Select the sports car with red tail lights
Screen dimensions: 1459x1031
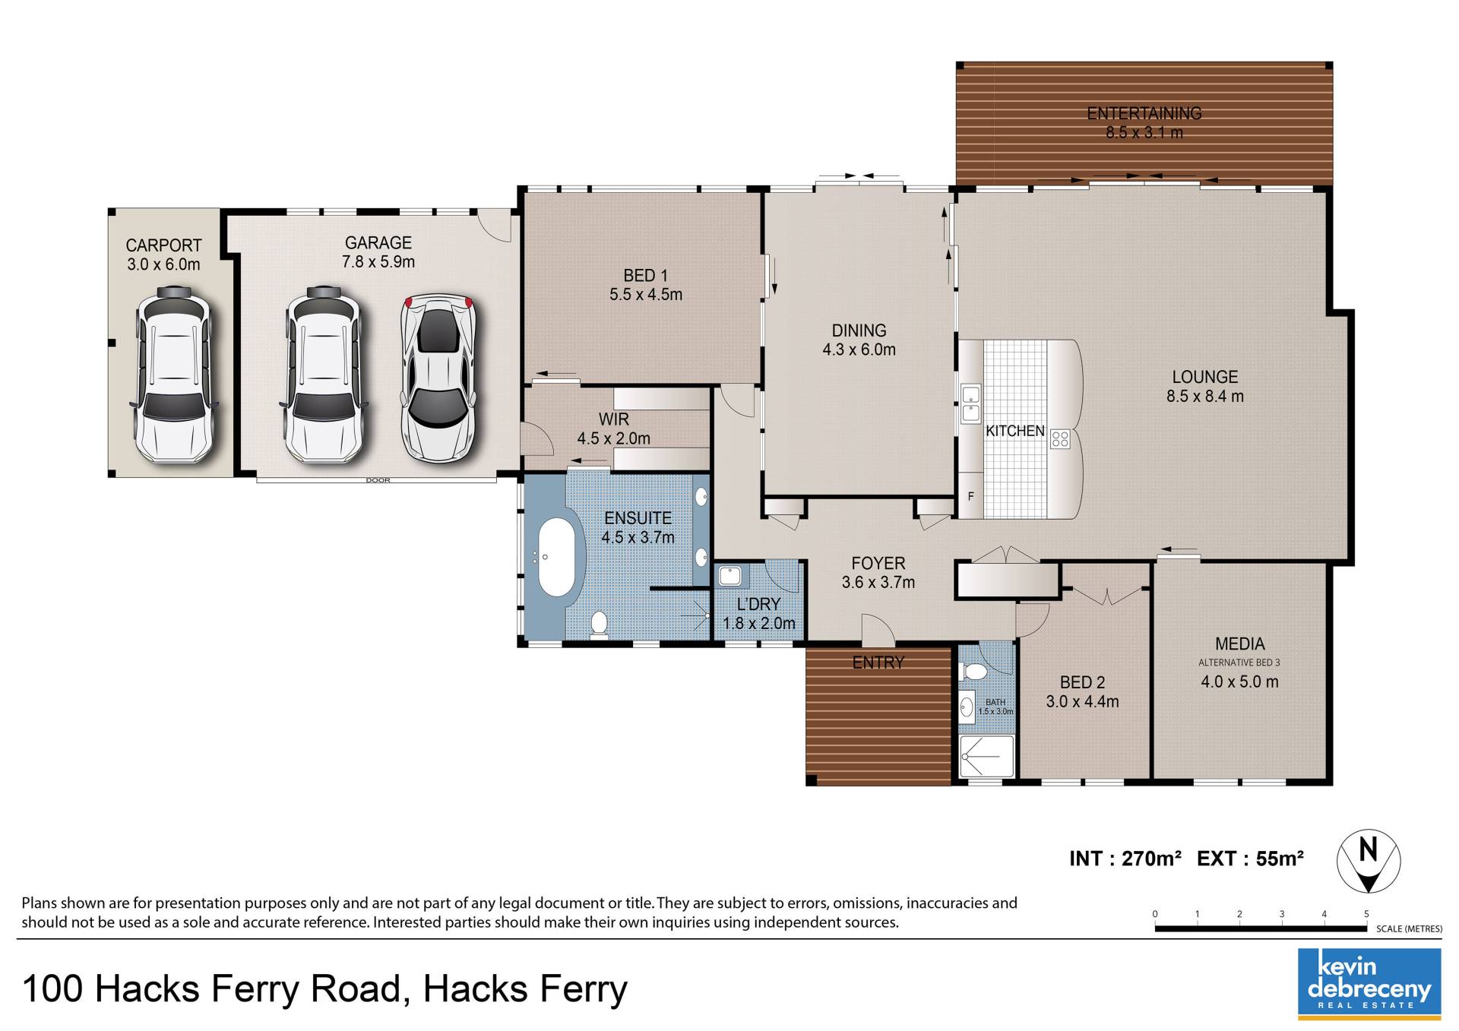coord(438,378)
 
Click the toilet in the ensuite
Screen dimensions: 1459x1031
coord(599,625)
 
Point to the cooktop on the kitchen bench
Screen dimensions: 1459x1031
coord(1060,438)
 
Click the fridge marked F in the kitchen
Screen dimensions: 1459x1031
coord(970,496)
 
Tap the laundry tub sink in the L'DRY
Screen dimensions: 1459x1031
coord(730,575)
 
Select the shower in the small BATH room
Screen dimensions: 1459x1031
coord(986,756)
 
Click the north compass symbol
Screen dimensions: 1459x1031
coord(1369,862)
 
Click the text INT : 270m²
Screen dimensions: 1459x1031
coord(1125,859)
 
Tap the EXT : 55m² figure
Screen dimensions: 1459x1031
coord(1250,859)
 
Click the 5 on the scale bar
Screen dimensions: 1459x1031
coord(1366,914)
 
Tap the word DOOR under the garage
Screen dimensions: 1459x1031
coord(378,480)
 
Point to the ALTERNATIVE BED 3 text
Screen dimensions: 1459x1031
coord(1239,663)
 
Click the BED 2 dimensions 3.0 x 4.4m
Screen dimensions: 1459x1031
coord(1082,701)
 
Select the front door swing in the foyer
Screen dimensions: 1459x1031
coord(878,628)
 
